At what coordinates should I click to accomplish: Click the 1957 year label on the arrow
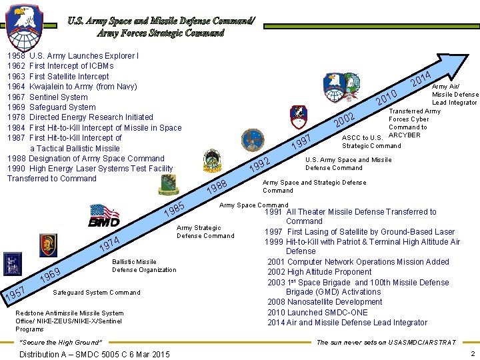pos(15,292)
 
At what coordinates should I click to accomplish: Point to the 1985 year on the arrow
pos(175,210)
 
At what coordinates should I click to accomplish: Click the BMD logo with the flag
pos(105,216)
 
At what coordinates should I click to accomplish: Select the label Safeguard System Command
pos(96,293)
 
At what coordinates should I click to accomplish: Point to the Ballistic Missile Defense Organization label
pos(144,266)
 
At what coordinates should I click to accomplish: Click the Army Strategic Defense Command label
pos(205,231)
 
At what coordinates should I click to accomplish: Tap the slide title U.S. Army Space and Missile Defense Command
pos(161,26)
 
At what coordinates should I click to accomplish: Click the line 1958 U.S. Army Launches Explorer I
pos(73,56)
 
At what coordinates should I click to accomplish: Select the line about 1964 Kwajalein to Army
pos(72,87)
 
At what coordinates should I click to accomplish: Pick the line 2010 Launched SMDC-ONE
pos(317,313)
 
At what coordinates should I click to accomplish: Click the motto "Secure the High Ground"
pos(61,343)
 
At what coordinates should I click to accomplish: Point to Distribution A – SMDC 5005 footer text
pos(95,354)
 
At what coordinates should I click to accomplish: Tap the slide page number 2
pos(472,354)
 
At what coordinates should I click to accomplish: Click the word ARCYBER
pos(404,135)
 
